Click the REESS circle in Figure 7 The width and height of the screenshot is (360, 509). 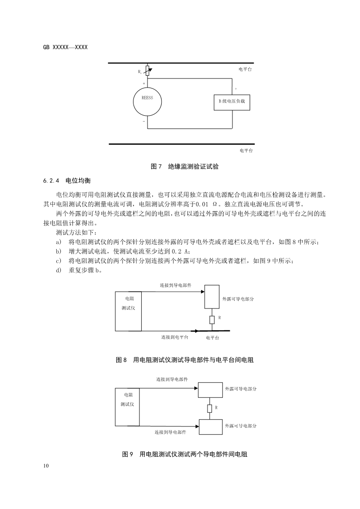147,101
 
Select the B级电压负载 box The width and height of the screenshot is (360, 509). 232,102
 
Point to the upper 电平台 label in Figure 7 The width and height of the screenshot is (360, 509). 245,69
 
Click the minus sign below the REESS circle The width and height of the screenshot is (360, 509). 144,122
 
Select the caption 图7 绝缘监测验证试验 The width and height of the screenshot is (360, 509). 184,166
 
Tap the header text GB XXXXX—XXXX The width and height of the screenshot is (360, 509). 65,47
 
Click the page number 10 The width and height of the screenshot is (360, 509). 46,466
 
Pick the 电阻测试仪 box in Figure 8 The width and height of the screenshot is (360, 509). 128,311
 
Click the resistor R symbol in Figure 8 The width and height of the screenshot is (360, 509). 212,320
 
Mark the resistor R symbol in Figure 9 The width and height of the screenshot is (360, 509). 209,408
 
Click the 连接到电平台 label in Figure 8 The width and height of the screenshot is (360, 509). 174,338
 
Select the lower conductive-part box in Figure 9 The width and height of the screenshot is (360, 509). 210,427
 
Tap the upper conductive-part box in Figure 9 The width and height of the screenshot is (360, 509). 210,390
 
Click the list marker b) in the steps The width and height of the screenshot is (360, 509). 58,251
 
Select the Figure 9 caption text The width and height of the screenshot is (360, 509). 184,454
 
